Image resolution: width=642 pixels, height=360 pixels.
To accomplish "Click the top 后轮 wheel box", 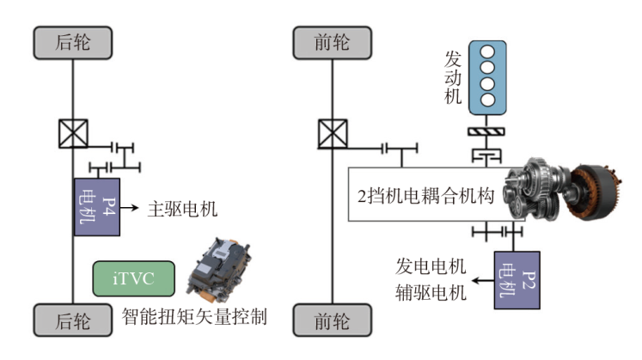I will [x=72, y=40].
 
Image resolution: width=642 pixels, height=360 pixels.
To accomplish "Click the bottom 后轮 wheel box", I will [x=72, y=320].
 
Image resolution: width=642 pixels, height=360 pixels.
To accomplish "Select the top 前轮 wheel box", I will [x=333, y=40].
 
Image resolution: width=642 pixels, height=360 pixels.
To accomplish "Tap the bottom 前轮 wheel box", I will [x=333, y=320].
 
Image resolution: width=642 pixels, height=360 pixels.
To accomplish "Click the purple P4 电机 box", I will [x=96, y=207].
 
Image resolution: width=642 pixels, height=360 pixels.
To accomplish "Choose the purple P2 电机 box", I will [x=517, y=280].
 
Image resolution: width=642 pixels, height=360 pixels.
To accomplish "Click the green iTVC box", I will [x=133, y=279].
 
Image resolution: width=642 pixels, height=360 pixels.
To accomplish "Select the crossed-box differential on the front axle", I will [x=333, y=134].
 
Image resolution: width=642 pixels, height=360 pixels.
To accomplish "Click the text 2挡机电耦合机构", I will [x=425, y=195].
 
